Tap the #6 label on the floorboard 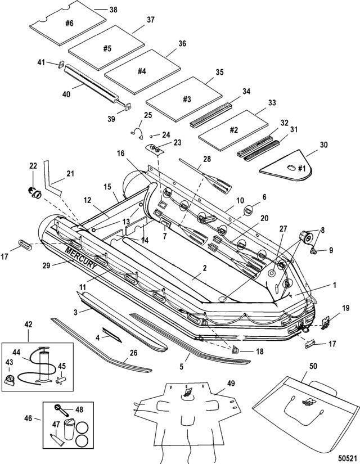pyautogui.click(x=70, y=24)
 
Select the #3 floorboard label pyautogui.click(x=187, y=99)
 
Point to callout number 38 pyautogui.click(x=113, y=10)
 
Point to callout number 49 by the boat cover pyautogui.click(x=232, y=384)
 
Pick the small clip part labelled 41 pyautogui.click(x=61, y=64)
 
